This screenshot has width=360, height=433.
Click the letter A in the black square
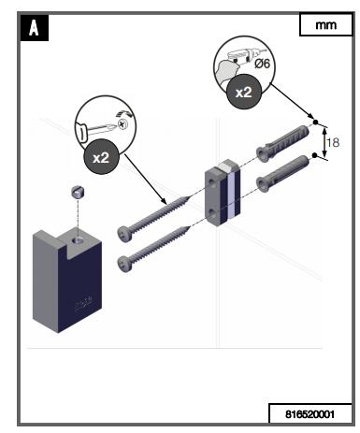(x=34, y=28)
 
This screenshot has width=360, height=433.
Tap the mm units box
(x=326, y=24)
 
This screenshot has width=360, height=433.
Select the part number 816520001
(x=310, y=414)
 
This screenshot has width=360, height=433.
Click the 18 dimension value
(x=333, y=142)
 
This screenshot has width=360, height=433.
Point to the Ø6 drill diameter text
(x=262, y=64)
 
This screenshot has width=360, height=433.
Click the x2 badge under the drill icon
(x=243, y=92)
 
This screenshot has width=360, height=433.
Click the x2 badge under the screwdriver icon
(x=101, y=157)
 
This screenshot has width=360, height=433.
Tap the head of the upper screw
(x=123, y=233)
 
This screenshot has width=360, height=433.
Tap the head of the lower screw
(x=124, y=265)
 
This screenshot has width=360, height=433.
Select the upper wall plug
(x=282, y=143)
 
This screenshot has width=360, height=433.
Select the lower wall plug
(x=282, y=174)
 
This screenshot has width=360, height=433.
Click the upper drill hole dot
(x=315, y=123)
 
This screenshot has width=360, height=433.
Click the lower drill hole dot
(x=314, y=155)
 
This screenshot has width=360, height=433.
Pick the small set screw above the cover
(x=78, y=192)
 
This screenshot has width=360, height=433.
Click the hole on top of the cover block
(x=79, y=240)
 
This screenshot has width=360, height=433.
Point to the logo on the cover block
(x=83, y=302)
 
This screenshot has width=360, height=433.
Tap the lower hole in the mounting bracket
(x=213, y=213)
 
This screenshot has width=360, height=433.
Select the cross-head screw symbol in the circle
(x=123, y=124)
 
